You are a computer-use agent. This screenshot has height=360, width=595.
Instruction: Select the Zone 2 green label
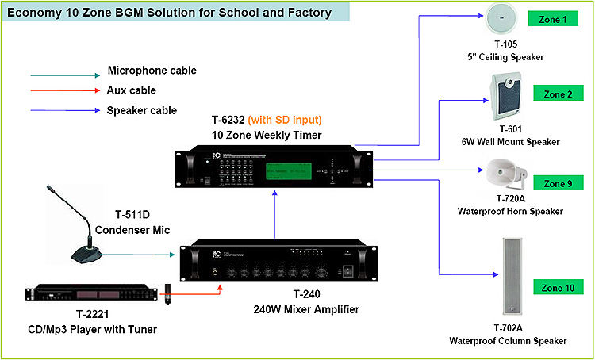tap(558, 94)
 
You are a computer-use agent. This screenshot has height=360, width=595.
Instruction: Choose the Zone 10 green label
tap(558, 288)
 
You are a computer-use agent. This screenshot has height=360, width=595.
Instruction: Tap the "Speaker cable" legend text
tap(142, 110)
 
